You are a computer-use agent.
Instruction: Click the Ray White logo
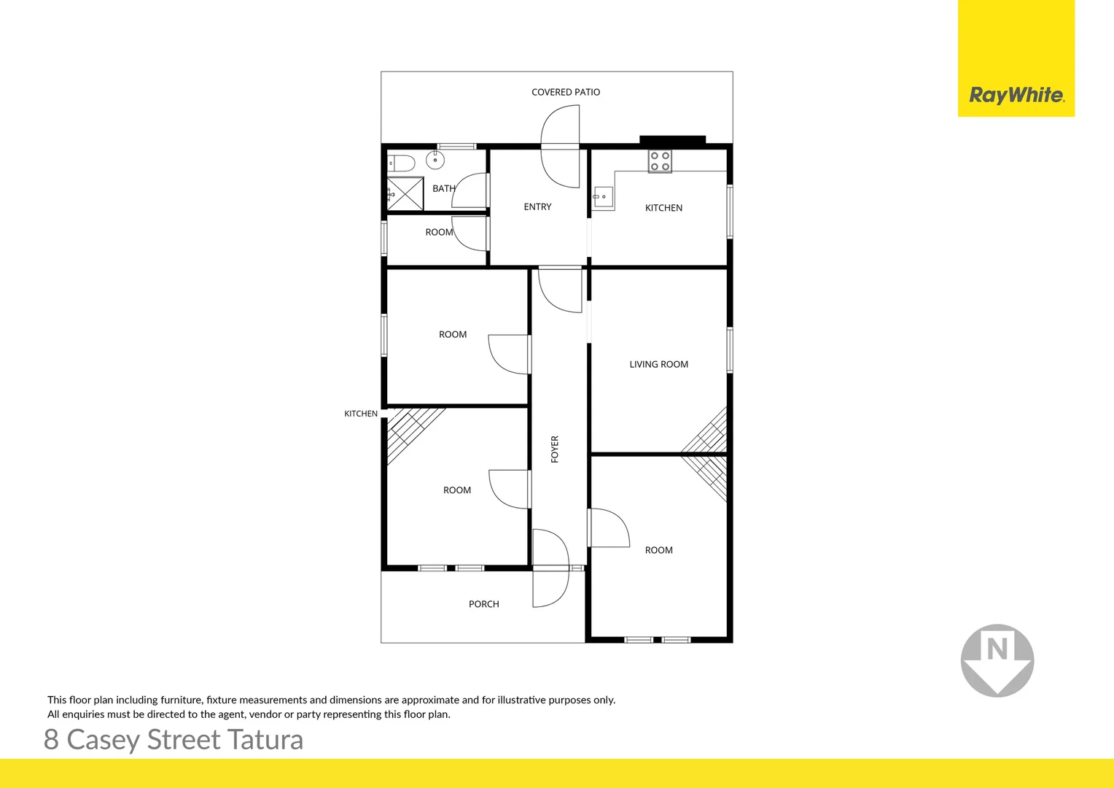pyautogui.click(x=1016, y=95)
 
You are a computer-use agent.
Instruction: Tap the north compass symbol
pyautogui.click(x=997, y=660)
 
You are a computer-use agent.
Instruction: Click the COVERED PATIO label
pyautogui.click(x=566, y=92)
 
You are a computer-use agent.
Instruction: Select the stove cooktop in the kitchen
pyautogui.click(x=660, y=161)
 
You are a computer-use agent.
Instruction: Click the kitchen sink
pyautogui.click(x=602, y=198)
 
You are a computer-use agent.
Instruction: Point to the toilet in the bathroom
pyautogui.click(x=401, y=163)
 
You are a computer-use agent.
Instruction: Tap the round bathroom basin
pyautogui.click(x=435, y=159)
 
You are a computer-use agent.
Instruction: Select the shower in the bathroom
pyautogui.click(x=405, y=194)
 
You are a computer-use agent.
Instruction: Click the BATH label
pyautogui.click(x=443, y=188)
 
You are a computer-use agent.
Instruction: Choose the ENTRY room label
pyautogui.click(x=537, y=207)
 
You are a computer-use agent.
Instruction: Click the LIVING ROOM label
pyautogui.click(x=658, y=364)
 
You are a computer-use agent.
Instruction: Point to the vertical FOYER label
pyautogui.click(x=555, y=449)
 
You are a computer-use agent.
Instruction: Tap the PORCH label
pyautogui.click(x=483, y=604)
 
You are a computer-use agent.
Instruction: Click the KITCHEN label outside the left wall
pyautogui.click(x=361, y=414)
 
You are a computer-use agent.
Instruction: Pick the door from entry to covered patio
pyautogui.click(x=561, y=146)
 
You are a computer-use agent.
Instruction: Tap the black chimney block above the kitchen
pyautogui.click(x=672, y=140)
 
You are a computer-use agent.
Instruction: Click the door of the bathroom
pyautogui.click(x=470, y=191)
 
